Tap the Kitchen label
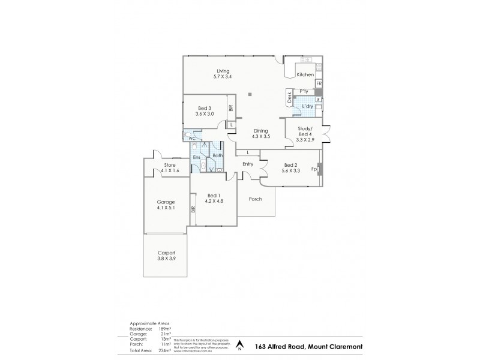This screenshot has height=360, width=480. click(x=305, y=74)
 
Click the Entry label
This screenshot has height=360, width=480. click(x=248, y=164)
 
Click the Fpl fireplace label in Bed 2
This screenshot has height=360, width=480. click(x=314, y=169)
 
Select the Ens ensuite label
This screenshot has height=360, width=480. click(x=196, y=157)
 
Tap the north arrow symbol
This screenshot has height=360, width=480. click(x=240, y=345)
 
